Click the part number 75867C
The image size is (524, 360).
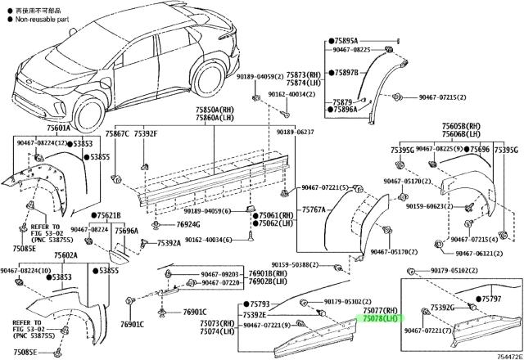tap(118, 133)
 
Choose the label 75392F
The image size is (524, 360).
tap(146, 133)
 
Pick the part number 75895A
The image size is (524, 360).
tap(345, 40)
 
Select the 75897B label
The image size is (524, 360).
tap(345, 73)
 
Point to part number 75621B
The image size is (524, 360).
tap(106, 215)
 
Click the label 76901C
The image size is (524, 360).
tap(194, 312)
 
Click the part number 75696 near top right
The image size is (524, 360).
tap(480, 150)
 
